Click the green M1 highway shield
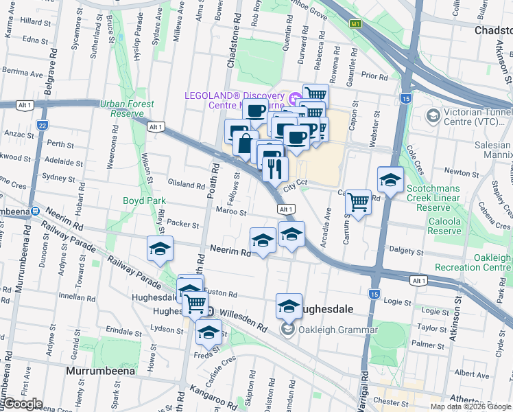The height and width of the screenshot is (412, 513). (x=355, y=23)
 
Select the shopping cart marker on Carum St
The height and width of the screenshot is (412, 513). (x=358, y=202)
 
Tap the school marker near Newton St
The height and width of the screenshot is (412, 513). (x=390, y=180)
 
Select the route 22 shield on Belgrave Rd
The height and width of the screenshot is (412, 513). (x=43, y=126)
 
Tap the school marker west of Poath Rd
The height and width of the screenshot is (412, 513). (x=159, y=249)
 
